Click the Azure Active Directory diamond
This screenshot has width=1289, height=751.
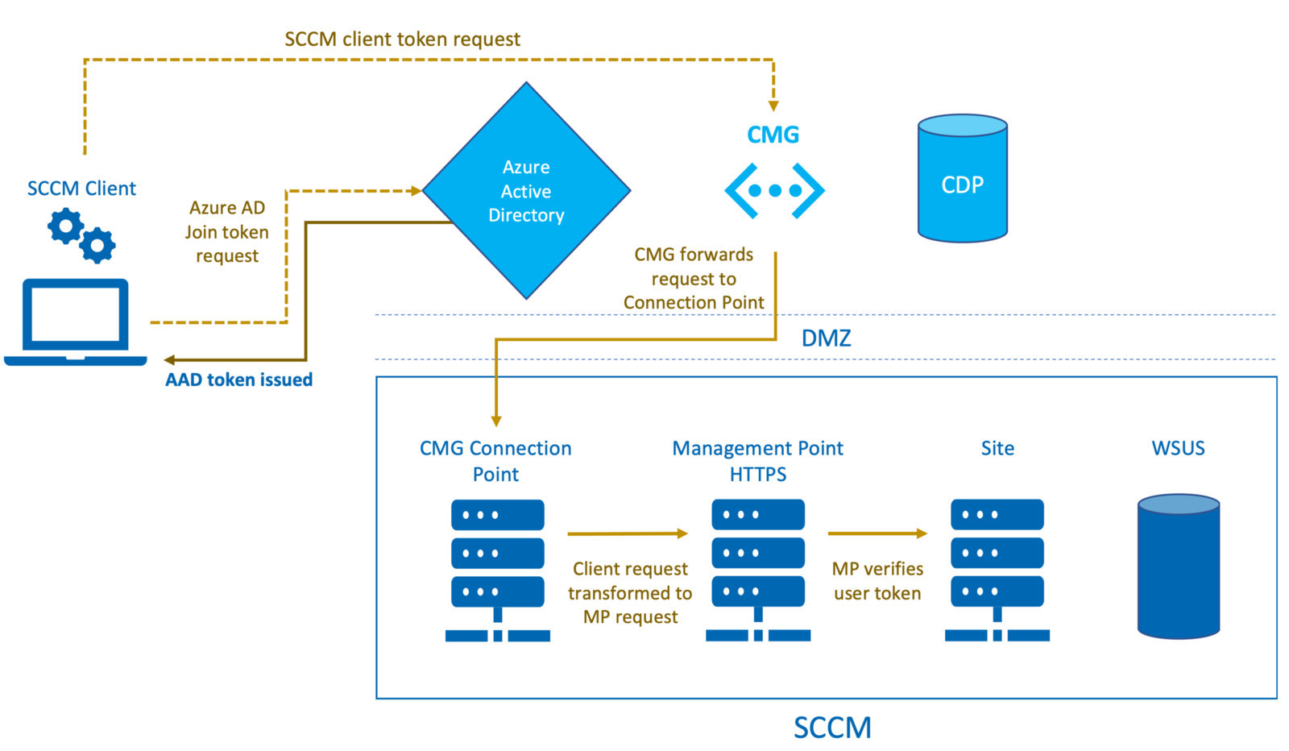pos(526,190)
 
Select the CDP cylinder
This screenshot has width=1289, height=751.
pos(962,178)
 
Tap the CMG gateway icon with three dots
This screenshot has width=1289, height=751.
pos(774,190)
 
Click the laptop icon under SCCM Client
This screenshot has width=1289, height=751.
pos(76,322)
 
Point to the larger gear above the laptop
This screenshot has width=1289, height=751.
pos(65,226)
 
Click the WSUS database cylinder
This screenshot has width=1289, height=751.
pos(1179,566)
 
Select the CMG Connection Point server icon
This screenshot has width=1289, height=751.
pos(498,571)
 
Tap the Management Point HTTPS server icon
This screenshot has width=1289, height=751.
pos(758,571)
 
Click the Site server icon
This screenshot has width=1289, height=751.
pos(997,571)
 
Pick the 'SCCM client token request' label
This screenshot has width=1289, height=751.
pos(402,39)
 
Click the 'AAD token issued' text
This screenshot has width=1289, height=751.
pos(238,380)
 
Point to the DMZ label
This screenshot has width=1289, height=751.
pos(827,338)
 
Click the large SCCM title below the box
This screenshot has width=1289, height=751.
pos(832,728)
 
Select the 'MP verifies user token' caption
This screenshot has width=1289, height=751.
pos(877,581)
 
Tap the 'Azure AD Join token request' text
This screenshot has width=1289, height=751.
pos(226,231)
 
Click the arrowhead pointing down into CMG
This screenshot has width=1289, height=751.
pos(773,106)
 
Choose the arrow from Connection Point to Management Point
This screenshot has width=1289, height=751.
pos(628,533)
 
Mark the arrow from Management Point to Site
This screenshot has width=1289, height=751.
pos(877,533)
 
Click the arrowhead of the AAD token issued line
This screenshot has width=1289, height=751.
pos(169,360)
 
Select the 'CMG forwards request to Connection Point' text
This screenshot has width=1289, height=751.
pos(694,279)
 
